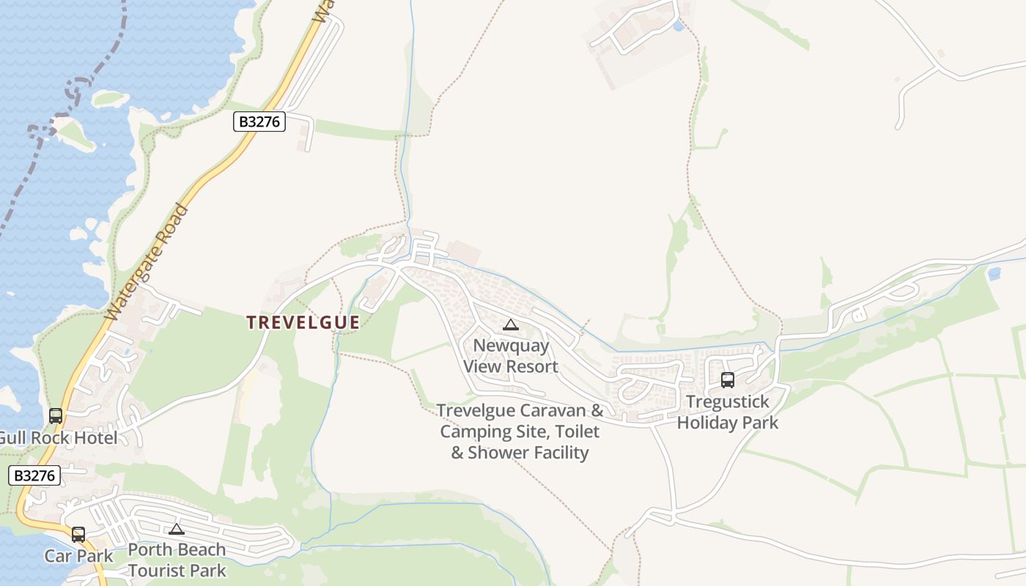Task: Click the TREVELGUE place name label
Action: tap(303, 322)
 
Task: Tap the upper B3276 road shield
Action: tap(259, 122)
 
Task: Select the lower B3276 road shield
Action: tap(34, 475)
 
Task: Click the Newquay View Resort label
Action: tap(511, 355)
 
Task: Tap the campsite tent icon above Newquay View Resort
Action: tap(511, 324)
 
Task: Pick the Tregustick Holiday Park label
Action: tap(728, 412)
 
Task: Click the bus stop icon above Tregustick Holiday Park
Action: tap(728, 380)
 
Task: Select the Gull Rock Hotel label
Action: tap(57, 438)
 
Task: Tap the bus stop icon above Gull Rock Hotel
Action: tap(56, 416)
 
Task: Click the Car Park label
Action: tap(79, 556)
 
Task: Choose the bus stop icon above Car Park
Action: tap(78, 535)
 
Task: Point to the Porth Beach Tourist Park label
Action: tap(177, 560)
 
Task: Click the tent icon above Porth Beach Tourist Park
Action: tap(176, 529)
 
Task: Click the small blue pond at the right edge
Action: tap(994, 274)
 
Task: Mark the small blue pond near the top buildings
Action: tap(678, 26)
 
